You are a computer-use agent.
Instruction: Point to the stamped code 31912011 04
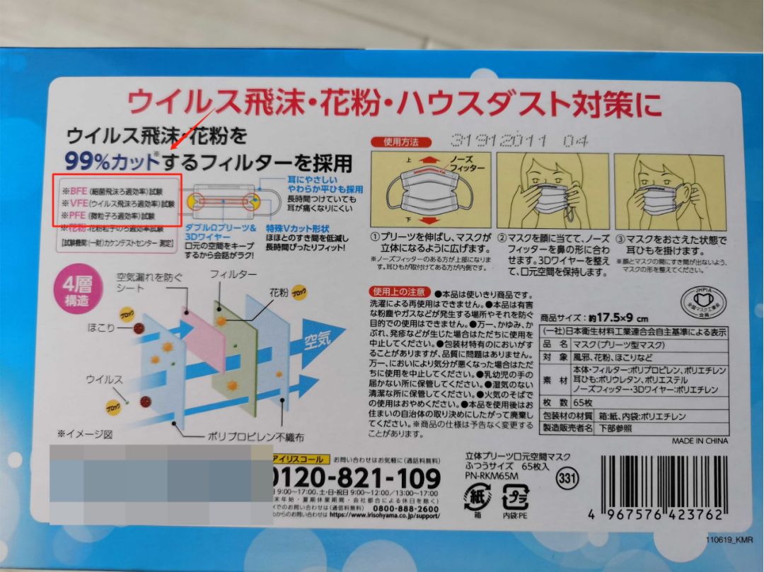pyautogui.click(x=519, y=141)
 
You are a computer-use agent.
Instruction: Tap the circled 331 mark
pyautogui.click(x=566, y=478)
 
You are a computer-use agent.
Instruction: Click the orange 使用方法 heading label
pyautogui.click(x=397, y=141)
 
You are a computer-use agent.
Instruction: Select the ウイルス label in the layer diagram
pyautogui.click(x=104, y=380)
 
